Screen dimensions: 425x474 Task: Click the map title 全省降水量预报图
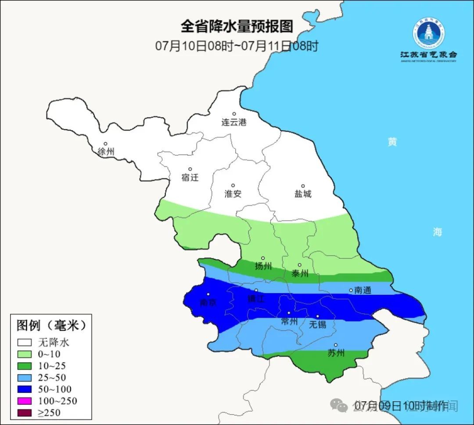coord(237,26)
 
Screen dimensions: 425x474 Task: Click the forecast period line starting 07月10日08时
coord(237,46)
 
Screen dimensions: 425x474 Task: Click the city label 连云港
coord(234,122)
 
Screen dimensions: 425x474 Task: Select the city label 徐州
coord(106,152)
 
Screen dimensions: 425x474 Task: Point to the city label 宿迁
coord(190,177)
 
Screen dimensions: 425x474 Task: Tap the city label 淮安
coord(233,193)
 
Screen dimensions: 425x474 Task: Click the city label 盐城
coord(303,194)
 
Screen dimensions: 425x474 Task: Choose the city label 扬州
coord(263,266)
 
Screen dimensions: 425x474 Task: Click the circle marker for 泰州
coord(299,265)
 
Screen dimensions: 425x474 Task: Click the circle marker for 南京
coord(208,295)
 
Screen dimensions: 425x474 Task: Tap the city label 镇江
coord(256,298)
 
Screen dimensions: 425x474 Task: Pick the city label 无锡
coord(318,324)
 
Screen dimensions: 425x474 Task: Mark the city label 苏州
coord(336,353)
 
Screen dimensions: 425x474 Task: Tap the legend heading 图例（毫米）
coord(51,325)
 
